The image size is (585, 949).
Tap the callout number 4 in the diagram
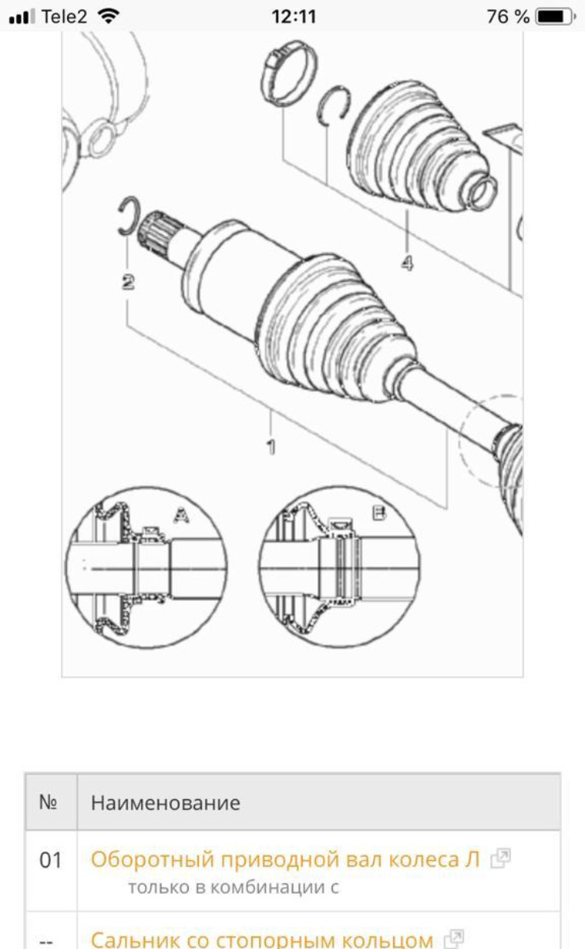point(407,263)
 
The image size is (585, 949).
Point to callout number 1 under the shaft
point(271,447)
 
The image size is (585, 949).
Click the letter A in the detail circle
point(181,515)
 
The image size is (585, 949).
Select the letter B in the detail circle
point(379,514)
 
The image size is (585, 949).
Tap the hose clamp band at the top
point(288,74)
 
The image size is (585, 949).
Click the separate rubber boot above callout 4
point(421,146)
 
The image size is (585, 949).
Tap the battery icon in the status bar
point(555,17)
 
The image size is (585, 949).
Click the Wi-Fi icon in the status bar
point(108,17)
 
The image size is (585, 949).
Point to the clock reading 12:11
point(294,17)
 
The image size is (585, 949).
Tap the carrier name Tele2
point(64,17)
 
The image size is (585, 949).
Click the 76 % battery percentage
point(508,17)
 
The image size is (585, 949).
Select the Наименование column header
point(165,803)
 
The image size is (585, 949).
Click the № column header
point(48,801)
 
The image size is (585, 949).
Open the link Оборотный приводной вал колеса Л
point(285,859)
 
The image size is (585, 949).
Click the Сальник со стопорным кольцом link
point(262,939)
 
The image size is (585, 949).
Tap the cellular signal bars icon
point(22,17)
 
